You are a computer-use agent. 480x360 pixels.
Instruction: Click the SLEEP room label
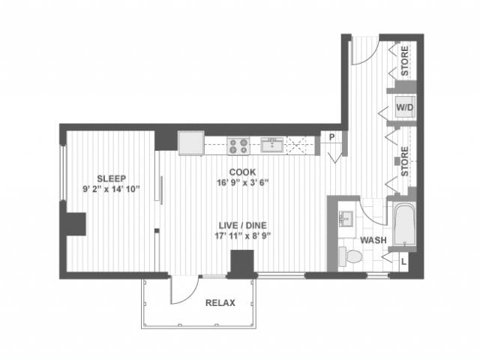[x=110, y=178]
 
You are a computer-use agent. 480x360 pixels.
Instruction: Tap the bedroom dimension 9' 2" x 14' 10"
[x=110, y=189]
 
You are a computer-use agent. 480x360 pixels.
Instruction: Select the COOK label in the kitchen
[x=241, y=170]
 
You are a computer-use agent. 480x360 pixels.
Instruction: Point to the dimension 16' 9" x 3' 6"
[x=241, y=181]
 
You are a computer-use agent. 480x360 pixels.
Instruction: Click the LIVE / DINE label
[x=241, y=224]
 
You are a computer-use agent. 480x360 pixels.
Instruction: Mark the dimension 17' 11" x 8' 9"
[x=241, y=235]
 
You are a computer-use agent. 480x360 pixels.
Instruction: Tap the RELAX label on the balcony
[x=220, y=303]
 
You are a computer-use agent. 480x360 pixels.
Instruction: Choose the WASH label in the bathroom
[x=373, y=241]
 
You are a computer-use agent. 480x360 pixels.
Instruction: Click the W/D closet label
[x=405, y=108]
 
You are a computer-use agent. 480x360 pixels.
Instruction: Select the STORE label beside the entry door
[x=405, y=56]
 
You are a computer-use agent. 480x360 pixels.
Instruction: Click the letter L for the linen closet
[x=403, y=261]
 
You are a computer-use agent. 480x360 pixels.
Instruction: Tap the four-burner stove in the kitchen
[x=239, y=144]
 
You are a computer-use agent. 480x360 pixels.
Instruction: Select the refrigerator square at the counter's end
[x=190, y=142]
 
